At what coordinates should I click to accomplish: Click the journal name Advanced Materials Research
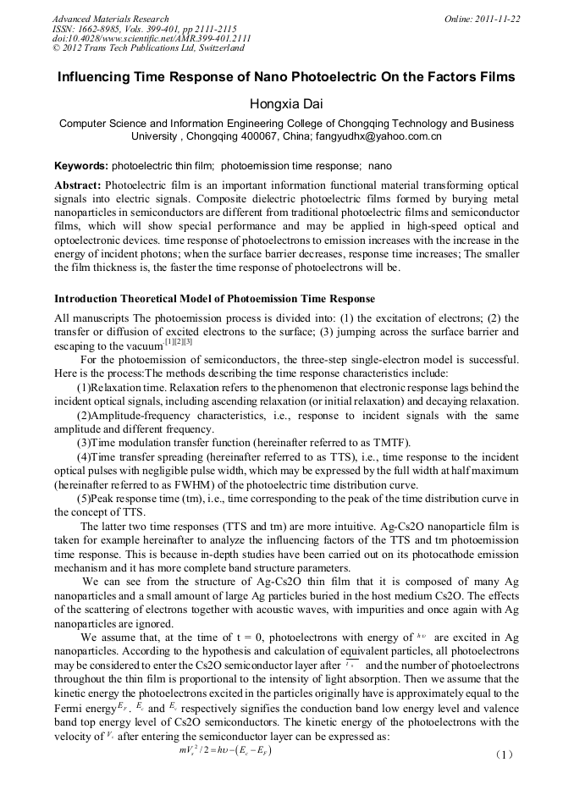pyautogui.click(x=110, y=19)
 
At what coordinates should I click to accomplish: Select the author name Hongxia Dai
pyautogui.click(x=286, y=104)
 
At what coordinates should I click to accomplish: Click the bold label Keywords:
pyautogui.click(x=81, y=166)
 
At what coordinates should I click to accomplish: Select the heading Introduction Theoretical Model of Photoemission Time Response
pyautogui.click(x=214, y=299)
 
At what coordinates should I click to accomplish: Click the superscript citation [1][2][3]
pyautogui.click(x=176, y=341)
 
